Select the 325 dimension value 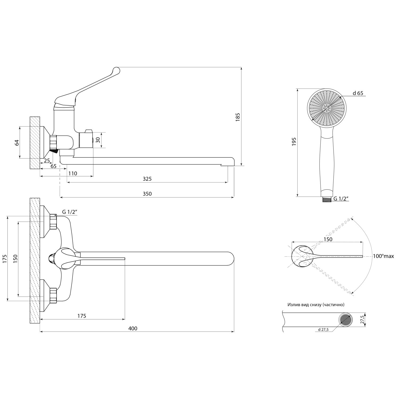click(x=147, y=179)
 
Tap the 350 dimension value click(x=147, y=194)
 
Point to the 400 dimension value click(x=133, y=328)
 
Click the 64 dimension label click(x=17, y=142)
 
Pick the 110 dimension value click(x=72, y=173)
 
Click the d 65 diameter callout click(x=358, y=93)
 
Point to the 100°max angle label click(x=383, y=256)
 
